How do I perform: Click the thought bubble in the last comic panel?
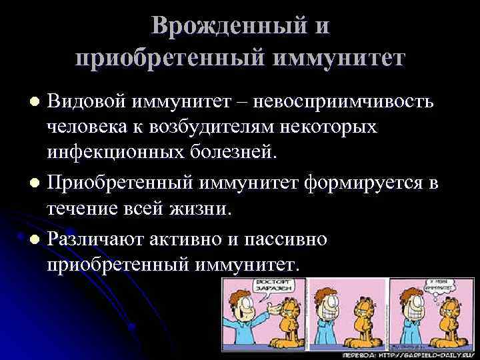click(448, 289)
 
